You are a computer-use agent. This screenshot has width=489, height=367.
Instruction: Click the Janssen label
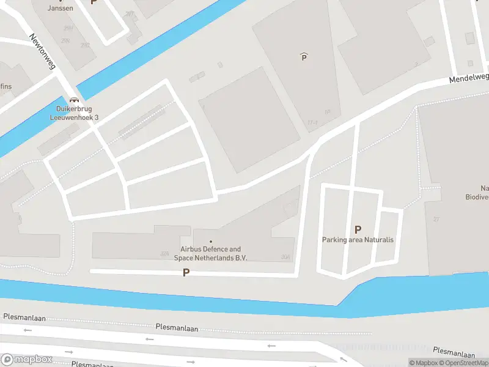pyautogui.click(x=61, y=8)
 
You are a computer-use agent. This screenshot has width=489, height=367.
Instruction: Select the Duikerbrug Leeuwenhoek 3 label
pyautogui.click(x=74, y=113)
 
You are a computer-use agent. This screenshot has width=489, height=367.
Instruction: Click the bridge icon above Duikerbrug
pyautogui.click(x=75, y=100)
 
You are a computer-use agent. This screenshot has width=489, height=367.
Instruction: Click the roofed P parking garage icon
pyautogui.click(x=304, y=57)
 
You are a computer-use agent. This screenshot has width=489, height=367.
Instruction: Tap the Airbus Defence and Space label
pyautogui.click(x=210, y=253)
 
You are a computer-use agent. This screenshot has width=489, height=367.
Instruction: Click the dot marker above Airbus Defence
pyautogui.click(x=211, y=242)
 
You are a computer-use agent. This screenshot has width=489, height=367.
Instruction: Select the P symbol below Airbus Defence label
pyautogui.click(x=186, y=273)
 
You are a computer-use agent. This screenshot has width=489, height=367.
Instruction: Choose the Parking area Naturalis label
pyautogui.click(x=358, y=240)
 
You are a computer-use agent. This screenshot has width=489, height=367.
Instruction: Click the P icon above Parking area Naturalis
pyautogui.click(x=358, y=229)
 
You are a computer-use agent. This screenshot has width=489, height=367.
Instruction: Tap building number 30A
pyautogui.click(x=285, y=258)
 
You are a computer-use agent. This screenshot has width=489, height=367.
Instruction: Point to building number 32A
pyautogui.click(x=164, y=253)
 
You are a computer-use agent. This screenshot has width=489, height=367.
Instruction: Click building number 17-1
pyautogui.click(x=312, y=123)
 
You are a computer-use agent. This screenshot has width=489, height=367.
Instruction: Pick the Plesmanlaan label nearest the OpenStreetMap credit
pyautogui.click(x=454, y=353)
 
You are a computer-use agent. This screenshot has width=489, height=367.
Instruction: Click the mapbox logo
pyautogui.click(x=26, y=359)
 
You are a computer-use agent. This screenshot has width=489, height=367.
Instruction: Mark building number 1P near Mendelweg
pyautogui.click(x=328, y=112)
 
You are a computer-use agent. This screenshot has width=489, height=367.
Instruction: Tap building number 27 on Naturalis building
pyautogui.click(x=436, y=219)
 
